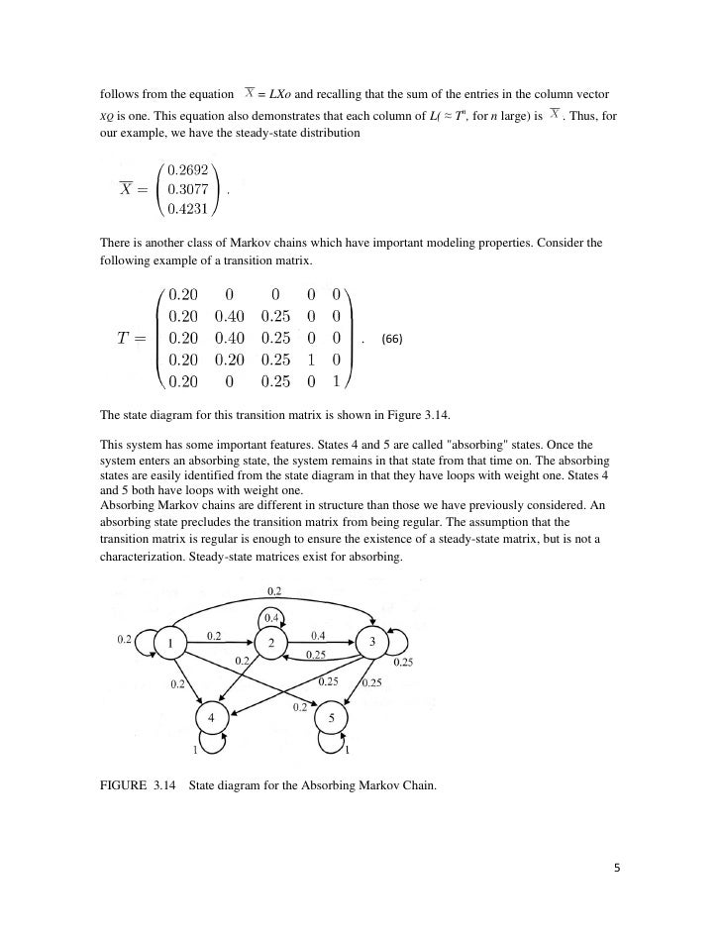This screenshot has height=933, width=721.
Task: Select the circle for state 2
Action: [270, 643]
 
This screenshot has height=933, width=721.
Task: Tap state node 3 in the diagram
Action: [371, 642]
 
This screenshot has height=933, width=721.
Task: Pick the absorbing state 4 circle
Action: [210, 717]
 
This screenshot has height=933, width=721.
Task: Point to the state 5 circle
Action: [331, 717]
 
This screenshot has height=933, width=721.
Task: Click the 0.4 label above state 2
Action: [269, 619]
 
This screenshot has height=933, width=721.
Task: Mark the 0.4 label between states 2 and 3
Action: [319, 634]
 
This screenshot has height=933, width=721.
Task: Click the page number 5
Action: [616, 869]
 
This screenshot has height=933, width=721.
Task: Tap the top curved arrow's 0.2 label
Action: [273, 591]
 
